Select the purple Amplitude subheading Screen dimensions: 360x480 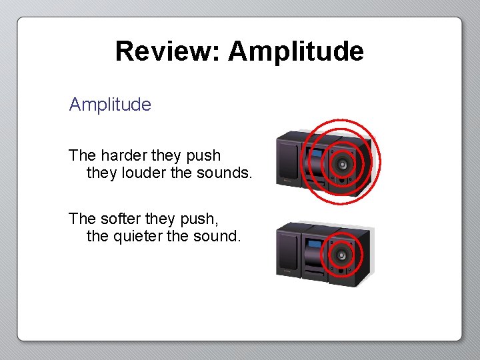click(110, 105)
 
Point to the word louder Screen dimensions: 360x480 click(141, 173)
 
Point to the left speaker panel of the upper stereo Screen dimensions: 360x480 click(289, 160)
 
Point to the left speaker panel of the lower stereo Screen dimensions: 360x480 click(289, 252)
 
